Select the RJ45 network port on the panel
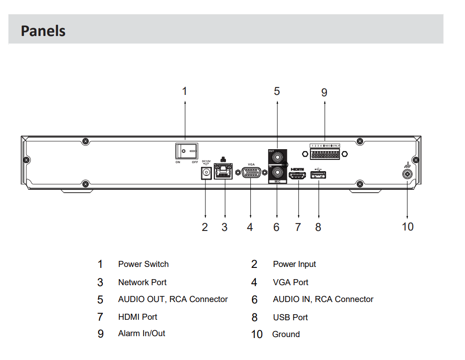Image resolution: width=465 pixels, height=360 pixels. coord(225,172)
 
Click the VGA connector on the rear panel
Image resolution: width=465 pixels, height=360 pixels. coord(251,173)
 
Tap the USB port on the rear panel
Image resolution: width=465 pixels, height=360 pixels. coord(318,175)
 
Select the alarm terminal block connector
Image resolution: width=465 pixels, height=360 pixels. coord(324,153)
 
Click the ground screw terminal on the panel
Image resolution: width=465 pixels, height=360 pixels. coord(407,174)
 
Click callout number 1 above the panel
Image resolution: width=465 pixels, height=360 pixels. coord(184,91)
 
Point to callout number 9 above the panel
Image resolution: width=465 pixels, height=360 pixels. coord(324,92)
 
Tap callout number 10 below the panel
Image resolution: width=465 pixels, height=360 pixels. coord(407,227)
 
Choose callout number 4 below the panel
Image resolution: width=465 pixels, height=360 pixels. coord(250,227)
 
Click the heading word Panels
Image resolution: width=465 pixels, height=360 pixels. coord(43,31)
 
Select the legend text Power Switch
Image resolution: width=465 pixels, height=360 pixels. coord(143,264)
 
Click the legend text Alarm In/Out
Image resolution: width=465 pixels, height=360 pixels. coord(141,333)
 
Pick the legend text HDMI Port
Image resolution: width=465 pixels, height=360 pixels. coord(138,317)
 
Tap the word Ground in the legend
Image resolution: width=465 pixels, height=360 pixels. coord(286,334)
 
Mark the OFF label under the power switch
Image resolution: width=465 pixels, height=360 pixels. coord(195,162)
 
